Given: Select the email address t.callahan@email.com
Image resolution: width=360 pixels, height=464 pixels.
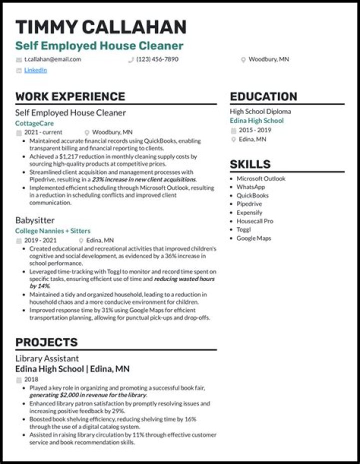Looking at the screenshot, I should pos(52,59).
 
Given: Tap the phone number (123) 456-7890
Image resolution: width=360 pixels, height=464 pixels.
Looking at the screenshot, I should pos(157,59).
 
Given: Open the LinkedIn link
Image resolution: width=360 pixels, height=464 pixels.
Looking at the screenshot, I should pos(35,70).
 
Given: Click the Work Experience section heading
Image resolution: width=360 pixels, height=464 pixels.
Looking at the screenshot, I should pos(70,96).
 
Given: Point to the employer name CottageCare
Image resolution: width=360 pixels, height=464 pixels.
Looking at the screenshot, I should pos(34,123).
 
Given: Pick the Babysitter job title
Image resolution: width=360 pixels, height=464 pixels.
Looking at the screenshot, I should pos(35,220).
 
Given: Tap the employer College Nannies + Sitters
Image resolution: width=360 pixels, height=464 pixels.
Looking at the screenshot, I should pos(52,231).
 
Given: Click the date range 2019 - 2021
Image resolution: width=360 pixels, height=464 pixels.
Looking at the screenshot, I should pos(44,240).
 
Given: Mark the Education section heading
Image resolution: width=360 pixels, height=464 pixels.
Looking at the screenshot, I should pos(263,96).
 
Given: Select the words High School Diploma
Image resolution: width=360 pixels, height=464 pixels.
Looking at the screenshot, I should pos(260,111).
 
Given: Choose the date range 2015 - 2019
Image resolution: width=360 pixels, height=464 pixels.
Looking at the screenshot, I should pos(254,130).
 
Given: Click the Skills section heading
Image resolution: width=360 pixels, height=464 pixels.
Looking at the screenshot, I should pos(250,164).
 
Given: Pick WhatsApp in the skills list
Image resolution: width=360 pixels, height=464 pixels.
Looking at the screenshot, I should pos(250,187).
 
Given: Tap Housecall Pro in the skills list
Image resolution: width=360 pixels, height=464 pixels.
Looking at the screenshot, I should pos(255,221).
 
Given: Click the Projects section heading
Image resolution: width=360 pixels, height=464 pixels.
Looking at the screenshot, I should pos(46,342).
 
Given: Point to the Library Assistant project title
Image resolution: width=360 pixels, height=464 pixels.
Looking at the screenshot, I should pos(47,358).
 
